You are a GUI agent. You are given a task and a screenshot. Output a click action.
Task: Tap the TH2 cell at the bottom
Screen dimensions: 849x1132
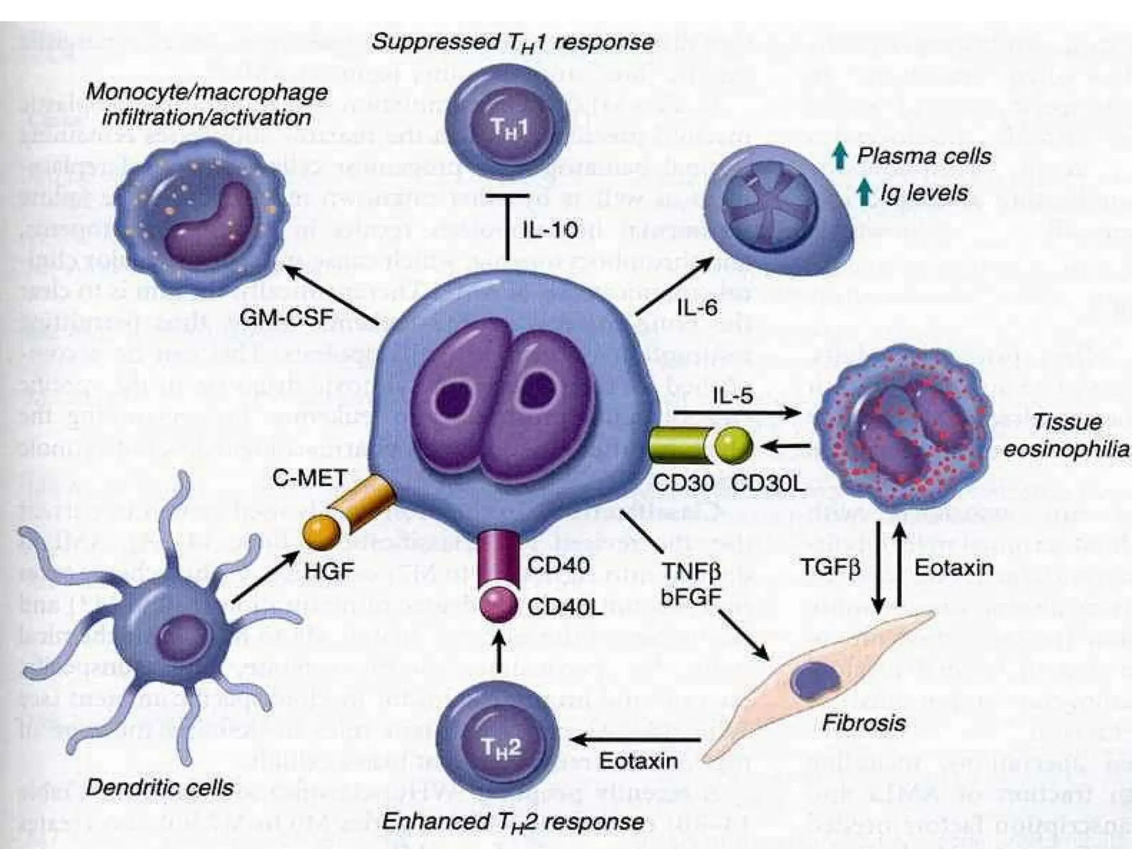[501, 741]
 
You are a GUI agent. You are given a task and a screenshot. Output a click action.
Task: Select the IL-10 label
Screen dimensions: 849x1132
[549, 229]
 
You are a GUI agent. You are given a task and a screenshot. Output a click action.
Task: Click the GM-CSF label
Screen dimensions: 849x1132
[286, 317]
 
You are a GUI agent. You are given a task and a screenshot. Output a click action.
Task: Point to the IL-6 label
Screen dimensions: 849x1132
[697, 307]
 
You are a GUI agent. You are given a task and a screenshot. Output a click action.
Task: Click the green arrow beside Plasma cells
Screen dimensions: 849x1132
[840, 156]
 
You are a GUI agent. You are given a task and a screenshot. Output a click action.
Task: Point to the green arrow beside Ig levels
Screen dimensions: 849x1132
[864, 193]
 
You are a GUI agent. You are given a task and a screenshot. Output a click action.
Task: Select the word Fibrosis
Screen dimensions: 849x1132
[863, 722]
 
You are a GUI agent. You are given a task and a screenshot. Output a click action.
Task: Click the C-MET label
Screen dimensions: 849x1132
[309, 478]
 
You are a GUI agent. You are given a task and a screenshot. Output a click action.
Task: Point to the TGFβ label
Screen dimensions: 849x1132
[830, 568]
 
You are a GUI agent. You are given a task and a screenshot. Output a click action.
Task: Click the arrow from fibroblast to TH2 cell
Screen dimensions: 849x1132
[636, 740]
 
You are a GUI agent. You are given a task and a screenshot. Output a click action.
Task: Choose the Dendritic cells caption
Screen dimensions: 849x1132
[160, 788]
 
